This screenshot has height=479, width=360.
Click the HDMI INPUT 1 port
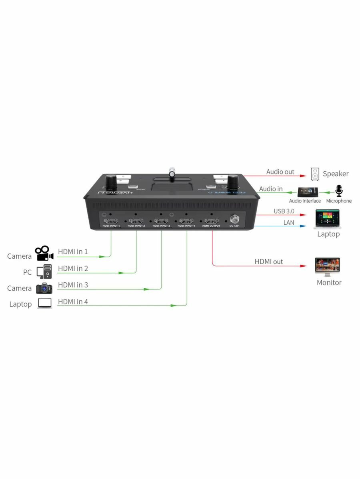tap(111, 221)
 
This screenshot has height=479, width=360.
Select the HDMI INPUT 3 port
tap(161, 221)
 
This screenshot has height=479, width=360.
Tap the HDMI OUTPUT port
tap(211, 221)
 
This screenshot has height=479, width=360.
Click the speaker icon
tap(315, 174)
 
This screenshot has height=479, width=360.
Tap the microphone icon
tap(339, 191)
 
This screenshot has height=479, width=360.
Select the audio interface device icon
tap(308, 192)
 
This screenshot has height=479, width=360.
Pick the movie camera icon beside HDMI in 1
tap(44, 253)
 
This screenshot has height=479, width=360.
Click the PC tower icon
tap(44, 271)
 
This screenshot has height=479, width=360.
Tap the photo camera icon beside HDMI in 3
tap(44, 288)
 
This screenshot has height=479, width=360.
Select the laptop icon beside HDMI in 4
tap(45, 303)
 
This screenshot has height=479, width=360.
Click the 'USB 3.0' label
tap(284, 211)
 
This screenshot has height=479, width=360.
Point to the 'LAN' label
tap(289, 222)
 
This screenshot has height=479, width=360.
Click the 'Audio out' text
tap(280, 172)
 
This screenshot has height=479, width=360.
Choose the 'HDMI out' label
tap(268, 261)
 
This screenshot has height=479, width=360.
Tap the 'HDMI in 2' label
tap(73, 268)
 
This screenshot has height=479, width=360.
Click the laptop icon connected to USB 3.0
tap(327, 219)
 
